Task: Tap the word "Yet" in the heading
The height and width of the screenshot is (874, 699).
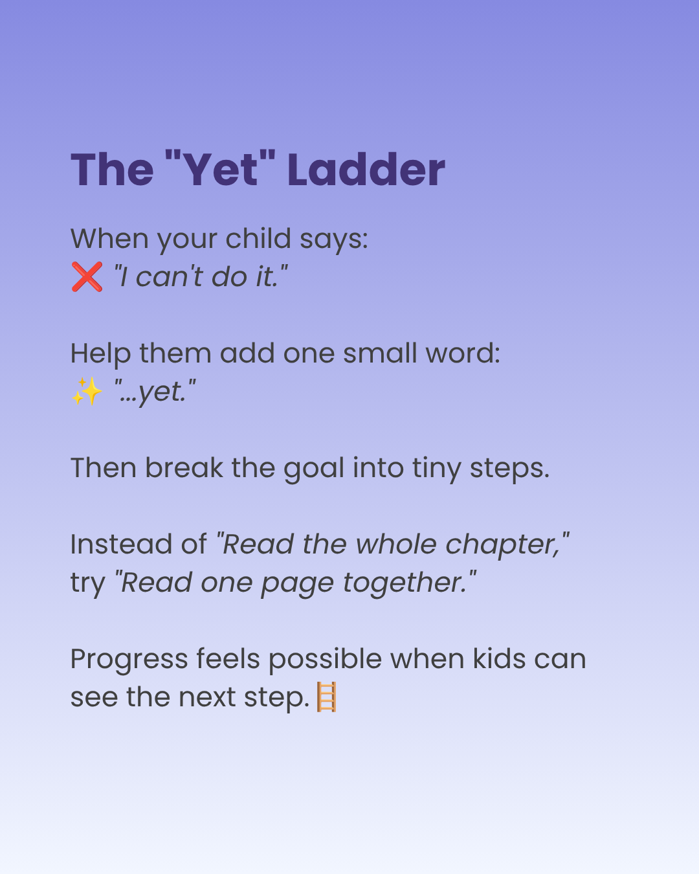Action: pos(220,168)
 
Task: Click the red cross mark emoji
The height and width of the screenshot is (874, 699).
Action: pos(87,276)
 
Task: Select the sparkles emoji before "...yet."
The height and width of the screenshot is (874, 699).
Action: pos(87,391)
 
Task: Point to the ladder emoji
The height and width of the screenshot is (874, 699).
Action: pos(327,697)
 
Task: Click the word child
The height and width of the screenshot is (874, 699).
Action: pos(258,238)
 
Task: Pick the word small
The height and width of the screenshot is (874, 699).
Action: pos(380,353)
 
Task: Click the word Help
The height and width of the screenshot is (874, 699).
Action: pos(101,354)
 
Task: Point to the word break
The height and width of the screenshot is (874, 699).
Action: pos(184,467)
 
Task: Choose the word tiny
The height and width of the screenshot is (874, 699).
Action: pos(437,469)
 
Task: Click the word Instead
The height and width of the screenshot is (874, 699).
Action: pos(121,544)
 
